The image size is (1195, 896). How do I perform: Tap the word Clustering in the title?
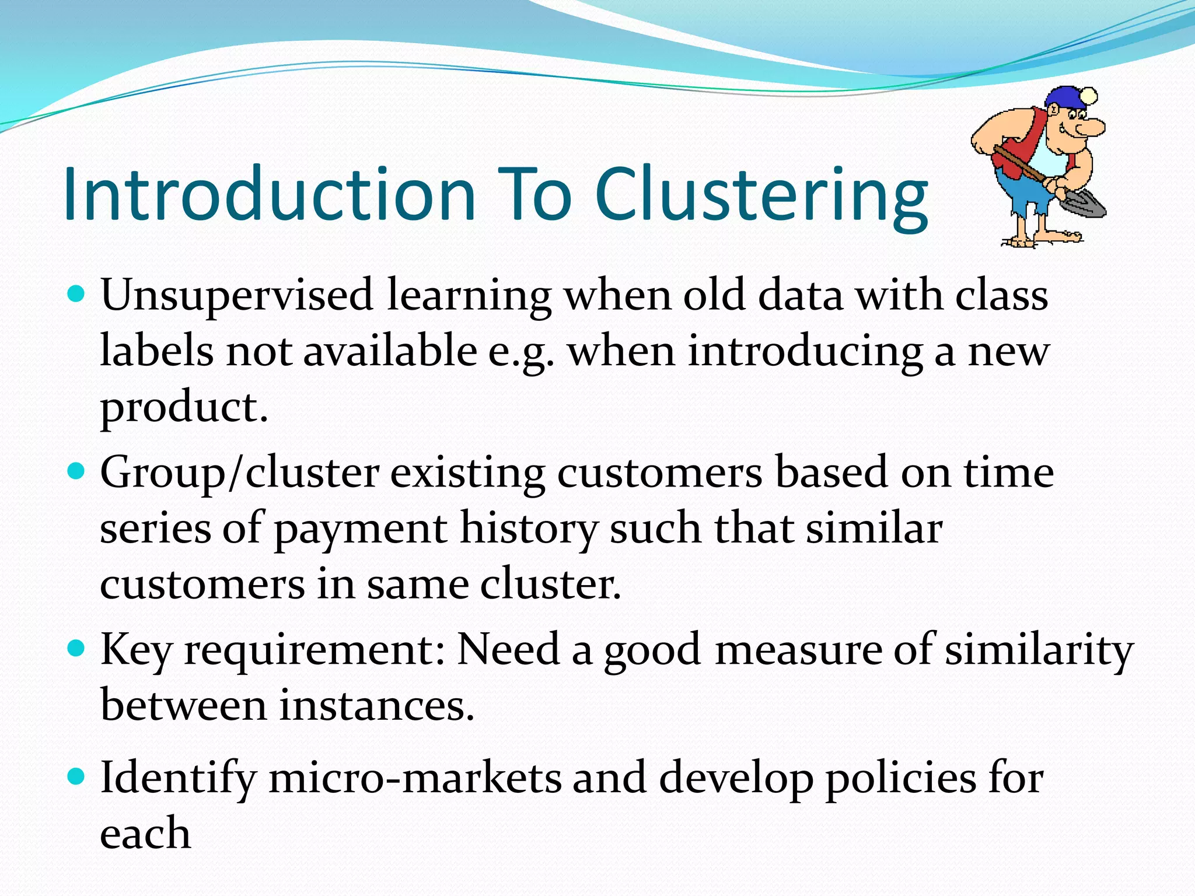(761, 195)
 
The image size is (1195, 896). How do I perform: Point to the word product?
(184, 408)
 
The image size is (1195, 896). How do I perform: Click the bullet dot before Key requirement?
(76, 647)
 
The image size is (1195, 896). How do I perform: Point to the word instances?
(376, 706)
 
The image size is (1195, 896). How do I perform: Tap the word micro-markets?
(414, 779)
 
